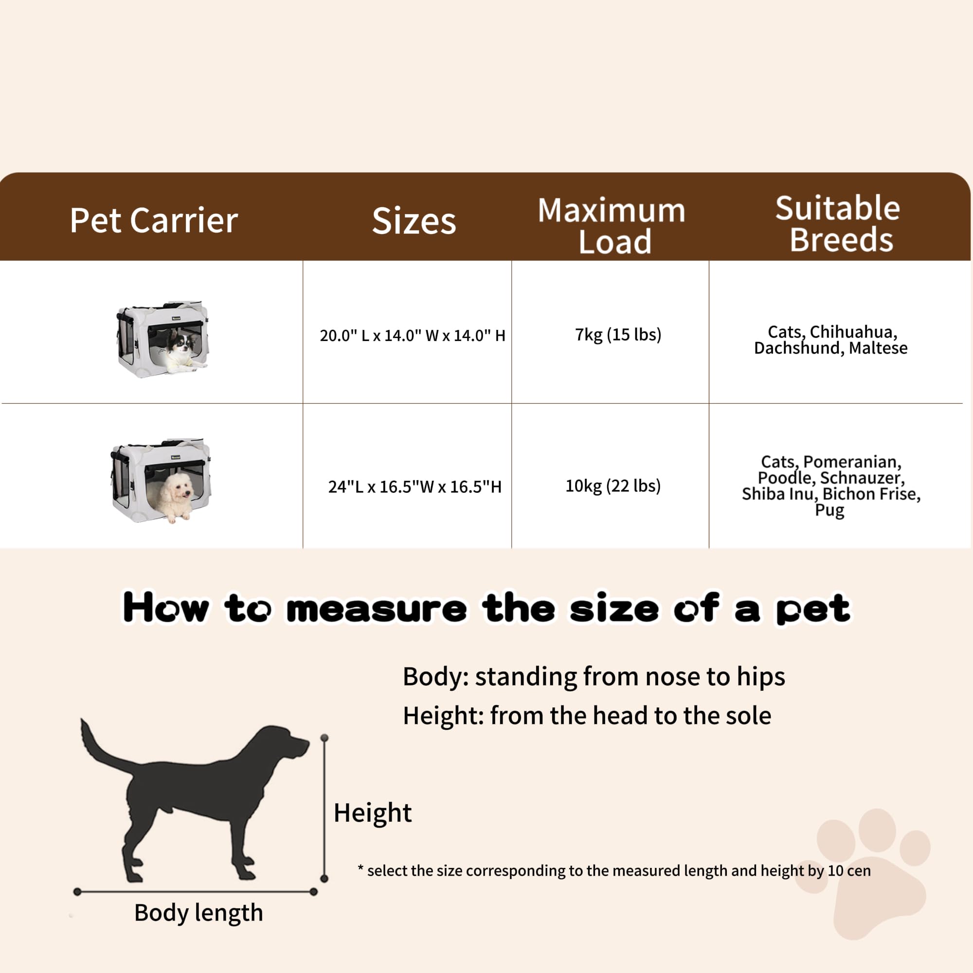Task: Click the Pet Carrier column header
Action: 154,220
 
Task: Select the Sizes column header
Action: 414,221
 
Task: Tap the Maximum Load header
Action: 612,225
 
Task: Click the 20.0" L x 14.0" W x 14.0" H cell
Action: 413,335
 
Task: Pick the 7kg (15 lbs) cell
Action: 618,334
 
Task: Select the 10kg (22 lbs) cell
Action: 613,486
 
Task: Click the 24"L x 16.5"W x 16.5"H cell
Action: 414,486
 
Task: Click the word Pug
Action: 829,510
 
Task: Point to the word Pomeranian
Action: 852,461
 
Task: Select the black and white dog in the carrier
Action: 181,347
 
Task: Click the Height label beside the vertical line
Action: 373,813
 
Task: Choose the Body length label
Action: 198,913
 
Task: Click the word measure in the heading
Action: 377,609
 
